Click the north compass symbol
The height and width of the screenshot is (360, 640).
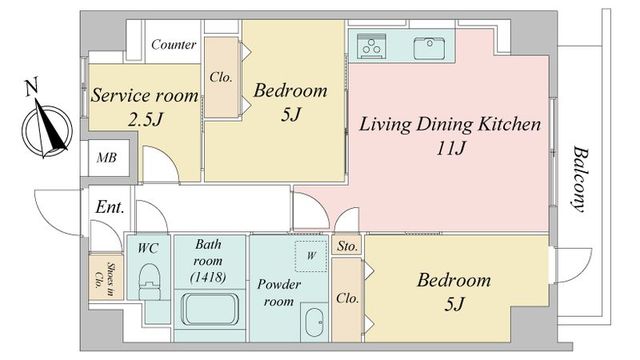[x=47, y=131]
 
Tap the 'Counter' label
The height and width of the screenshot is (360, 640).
[x=173, y=44]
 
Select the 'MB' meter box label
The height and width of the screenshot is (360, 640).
[x=107, y=158]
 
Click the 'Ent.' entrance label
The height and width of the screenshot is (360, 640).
[x=109, y=207]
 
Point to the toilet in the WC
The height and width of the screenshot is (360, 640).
[x=149, y=282]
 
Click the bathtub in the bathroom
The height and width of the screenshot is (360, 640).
[x=210, y=309]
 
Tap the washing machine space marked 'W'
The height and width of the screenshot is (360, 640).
[x=311, y=256]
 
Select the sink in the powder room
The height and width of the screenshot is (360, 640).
[x=315, y=322]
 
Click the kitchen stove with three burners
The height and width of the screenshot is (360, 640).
[x=372, y=46]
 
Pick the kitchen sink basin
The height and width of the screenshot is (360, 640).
[x=429, y=48]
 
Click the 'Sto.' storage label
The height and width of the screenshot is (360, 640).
[x=347, y=246]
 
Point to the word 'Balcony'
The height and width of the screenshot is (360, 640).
[x=580, y=179]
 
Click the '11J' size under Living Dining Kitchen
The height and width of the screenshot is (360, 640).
[x=451, y=148]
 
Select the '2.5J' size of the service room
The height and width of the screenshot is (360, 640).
[x=145, y=119]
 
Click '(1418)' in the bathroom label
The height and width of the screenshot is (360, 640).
[x=208, y=278]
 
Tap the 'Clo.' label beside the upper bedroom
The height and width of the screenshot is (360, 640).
[x=221, y=77]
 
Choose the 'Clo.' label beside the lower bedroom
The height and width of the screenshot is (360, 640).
[x=347, y=298]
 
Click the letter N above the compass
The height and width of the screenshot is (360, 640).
[x=31, y=87]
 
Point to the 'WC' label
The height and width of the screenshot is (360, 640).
[x=148, y=248]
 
